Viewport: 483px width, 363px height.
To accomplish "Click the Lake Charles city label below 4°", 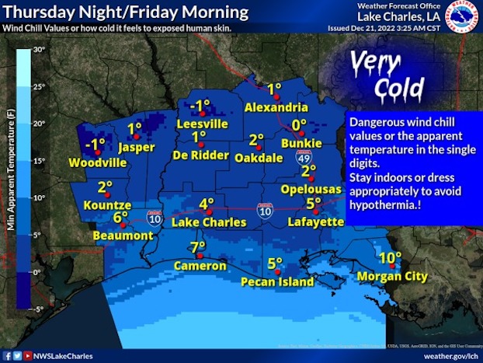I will pos(208,222).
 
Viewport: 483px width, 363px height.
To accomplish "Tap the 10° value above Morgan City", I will pos(391,258).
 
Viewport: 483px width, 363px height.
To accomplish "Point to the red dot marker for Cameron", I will pos(200,255).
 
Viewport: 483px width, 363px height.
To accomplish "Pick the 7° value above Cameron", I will pos(198,247).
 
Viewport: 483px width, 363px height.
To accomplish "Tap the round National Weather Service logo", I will pos(464,16).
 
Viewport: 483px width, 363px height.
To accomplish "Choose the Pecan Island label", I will pos(275,281).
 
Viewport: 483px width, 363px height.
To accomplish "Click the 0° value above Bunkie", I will pos(299,124).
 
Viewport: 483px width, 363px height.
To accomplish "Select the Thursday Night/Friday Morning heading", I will pos(125,12).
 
